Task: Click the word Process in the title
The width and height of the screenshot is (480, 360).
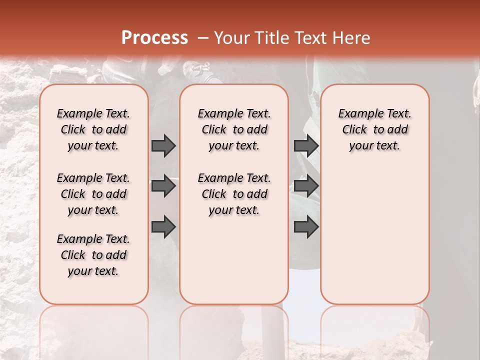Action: click(154, 38)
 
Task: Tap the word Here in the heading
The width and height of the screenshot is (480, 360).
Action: click(352, 38)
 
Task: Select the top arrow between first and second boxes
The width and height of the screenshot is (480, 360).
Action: click(163, 145)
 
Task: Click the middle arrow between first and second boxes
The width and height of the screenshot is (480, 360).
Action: click(163, 186)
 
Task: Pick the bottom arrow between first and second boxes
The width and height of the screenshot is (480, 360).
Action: click(163, 227)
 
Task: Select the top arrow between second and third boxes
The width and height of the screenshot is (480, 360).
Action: click(306, 145)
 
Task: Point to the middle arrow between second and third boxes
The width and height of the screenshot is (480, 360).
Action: click(306, 186)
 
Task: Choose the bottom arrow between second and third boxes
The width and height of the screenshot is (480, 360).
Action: click(306, 227)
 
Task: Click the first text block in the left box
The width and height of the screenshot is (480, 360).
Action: click(93, 129)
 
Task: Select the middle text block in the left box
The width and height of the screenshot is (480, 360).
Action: click(93, 194)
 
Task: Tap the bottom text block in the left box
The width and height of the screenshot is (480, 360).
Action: click(93, 255)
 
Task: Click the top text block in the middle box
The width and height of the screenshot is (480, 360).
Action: click(234, 129)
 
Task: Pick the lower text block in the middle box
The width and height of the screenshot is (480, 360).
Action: click(234, 194)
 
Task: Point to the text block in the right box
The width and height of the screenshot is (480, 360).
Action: click(375, 129)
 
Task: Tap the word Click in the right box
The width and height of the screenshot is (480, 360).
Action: click(354, 130)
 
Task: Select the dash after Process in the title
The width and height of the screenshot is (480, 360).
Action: click(203, 38)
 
